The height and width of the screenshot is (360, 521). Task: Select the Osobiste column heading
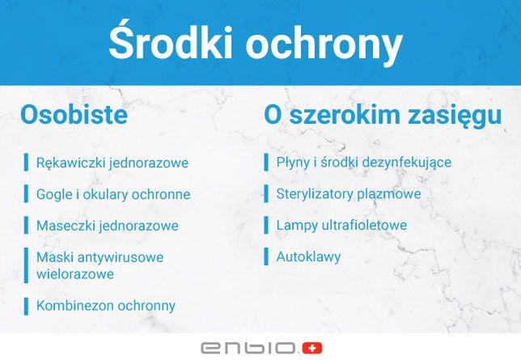pyautogui.click(x=74, y=115)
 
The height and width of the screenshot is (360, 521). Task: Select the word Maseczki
pyautogui.click(x=66, y=226)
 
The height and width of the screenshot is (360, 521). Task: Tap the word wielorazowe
pyautogui.click(x=74, y=273)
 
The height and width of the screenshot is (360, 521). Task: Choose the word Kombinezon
pyautogui.click(x=73, y=306)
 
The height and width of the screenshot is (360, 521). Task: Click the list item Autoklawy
pyautogui.click(x=308, y=257)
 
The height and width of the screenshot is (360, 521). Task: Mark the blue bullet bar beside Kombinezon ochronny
pyautogui.click(x=26, y=306)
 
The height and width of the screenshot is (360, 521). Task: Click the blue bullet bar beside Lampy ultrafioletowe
pyautogui.click(x=266, y=226)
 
